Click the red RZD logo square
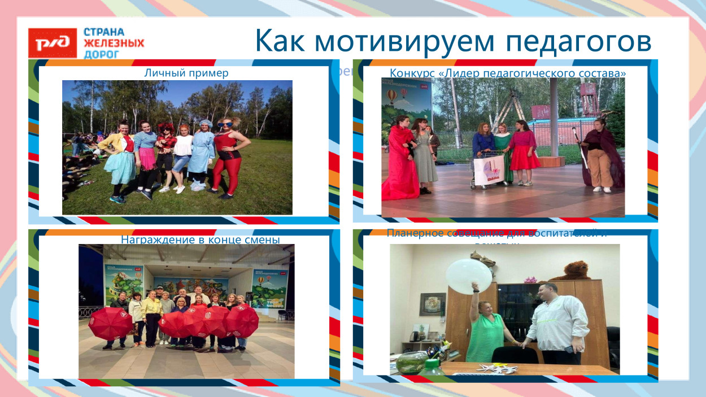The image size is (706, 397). pyautogui.click(x=52, y=43)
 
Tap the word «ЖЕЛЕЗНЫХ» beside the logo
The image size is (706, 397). pyautogui.click(x=114, y=43)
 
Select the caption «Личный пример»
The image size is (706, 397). pyautogui.click(x=186, y=73)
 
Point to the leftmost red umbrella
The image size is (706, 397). pyautogui.click(x=110, y=324)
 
